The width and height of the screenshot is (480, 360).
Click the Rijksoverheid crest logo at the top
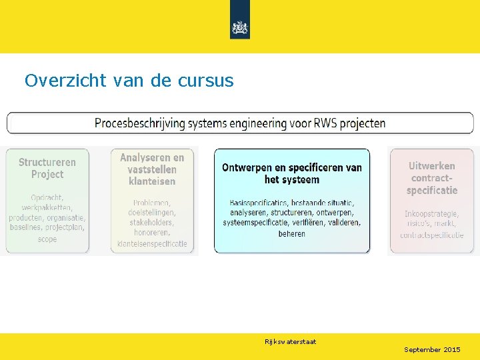(x=239, y=27)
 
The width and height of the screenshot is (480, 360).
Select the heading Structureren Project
(x=47, y=168)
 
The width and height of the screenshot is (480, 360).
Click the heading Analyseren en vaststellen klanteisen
(x=152, y=169)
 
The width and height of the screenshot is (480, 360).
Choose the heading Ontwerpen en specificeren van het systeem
(x=292, y=173)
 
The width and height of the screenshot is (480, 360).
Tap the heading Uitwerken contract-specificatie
(x=432, y=178)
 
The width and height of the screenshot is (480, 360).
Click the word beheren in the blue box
(x=292, y=234)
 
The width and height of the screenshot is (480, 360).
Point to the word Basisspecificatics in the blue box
(x=258, y=203)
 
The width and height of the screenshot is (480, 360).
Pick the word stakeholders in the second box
(x=152, y=223)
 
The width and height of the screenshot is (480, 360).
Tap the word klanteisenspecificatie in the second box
(x=152, y=244)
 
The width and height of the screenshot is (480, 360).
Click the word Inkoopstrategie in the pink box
(x=431, y=213)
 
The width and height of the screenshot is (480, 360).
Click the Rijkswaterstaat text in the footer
(x=290, y=342)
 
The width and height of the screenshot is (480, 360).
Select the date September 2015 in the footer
(x=432, y=350)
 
